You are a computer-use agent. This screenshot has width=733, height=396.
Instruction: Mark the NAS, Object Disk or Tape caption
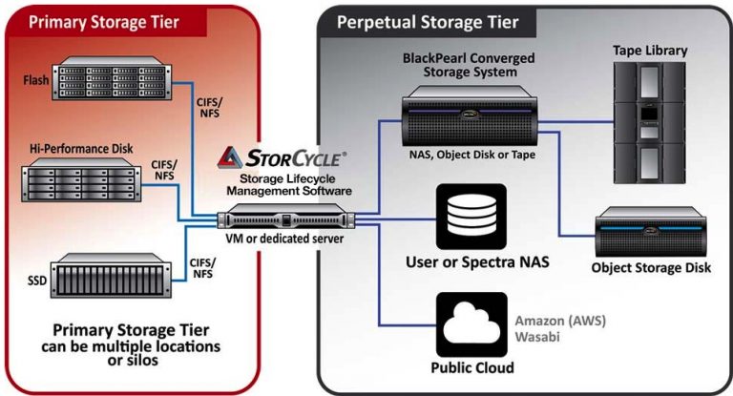pos(464,152)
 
